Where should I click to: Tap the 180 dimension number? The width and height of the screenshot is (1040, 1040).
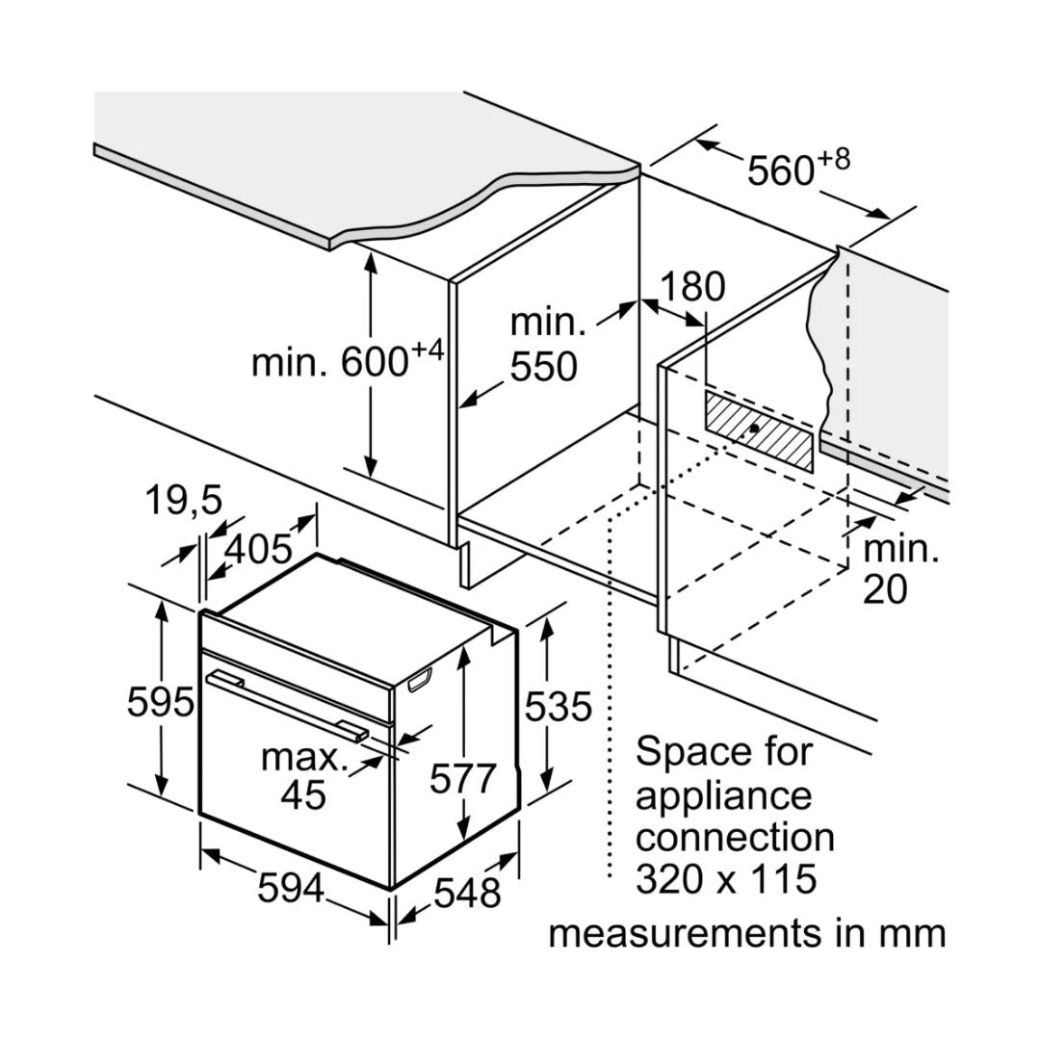click(691, 287)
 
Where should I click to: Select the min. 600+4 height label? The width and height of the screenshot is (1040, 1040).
click(348, 360)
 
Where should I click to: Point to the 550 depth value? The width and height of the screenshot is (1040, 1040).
click(544, 367)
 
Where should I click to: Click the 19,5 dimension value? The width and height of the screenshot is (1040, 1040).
click(183, 501)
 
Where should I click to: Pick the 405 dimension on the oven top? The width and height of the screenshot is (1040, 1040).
click(258, 549)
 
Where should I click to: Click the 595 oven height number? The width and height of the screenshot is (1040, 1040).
click(161, 702)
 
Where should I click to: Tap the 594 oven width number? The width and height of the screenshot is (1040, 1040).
click(291, 889)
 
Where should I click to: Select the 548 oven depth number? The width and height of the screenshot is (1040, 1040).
click(467, 894)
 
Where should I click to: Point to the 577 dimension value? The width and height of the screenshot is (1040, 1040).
click(462, 778)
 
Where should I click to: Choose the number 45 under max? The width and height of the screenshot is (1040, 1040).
click(303, 795)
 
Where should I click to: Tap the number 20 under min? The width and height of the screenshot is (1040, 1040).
click(884, 588)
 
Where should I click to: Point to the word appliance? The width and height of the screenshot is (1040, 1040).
click(723, 795)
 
